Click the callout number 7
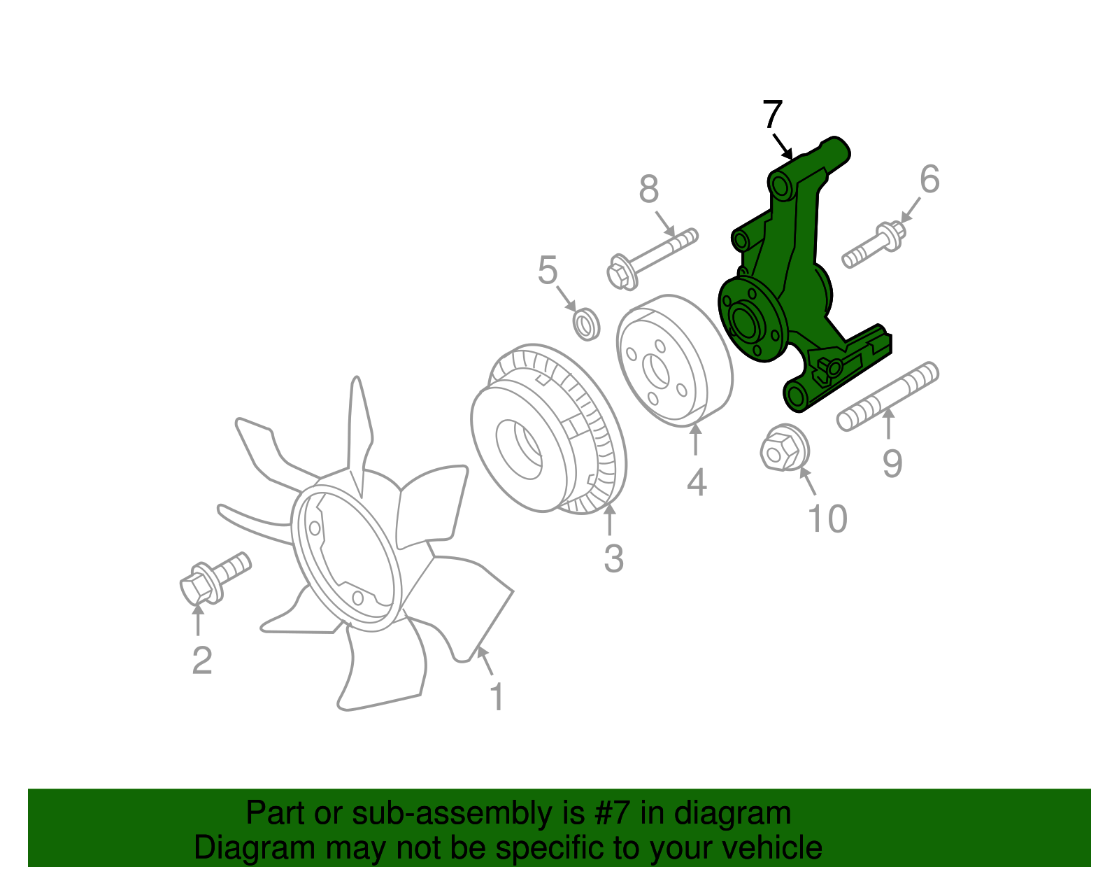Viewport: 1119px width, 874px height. point(773,114)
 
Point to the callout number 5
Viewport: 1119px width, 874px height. point(548,269)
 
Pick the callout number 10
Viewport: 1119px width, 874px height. point(827,518)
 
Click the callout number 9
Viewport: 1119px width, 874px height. point(892,463)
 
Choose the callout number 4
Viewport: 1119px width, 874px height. point(697,483)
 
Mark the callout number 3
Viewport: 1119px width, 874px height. point(614,558)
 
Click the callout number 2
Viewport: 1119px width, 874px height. point(202,660)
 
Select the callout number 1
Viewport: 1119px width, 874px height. point(497,697)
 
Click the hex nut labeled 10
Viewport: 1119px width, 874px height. point(784,447)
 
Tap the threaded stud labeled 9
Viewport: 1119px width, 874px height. point(888,396)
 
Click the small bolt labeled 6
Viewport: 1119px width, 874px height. point(874,245)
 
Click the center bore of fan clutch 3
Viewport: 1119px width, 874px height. point(519,449)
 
